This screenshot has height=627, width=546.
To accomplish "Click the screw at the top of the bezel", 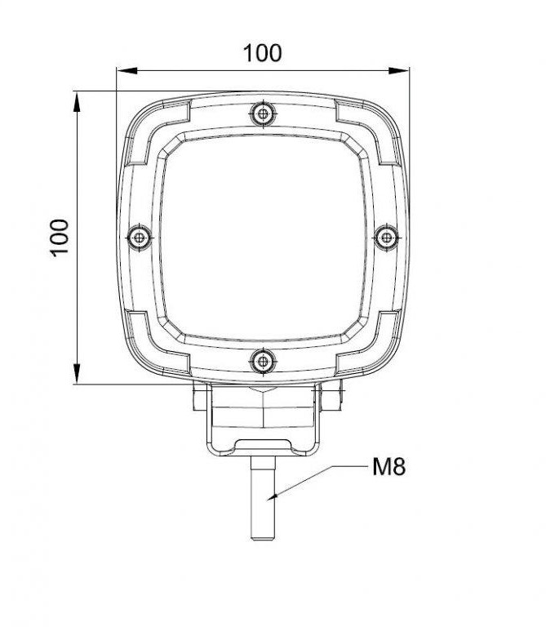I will (x=262, y=113).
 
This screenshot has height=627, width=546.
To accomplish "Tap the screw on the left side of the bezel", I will (x=140, y=237).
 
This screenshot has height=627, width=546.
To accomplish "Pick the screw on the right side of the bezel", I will (x=385, y=237).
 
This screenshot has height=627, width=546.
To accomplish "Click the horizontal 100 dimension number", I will (x=262, y=53).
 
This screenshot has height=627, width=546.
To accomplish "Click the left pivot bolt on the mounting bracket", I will (x=197, y=399).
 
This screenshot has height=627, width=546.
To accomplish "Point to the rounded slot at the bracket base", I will (x=262, y=445).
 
